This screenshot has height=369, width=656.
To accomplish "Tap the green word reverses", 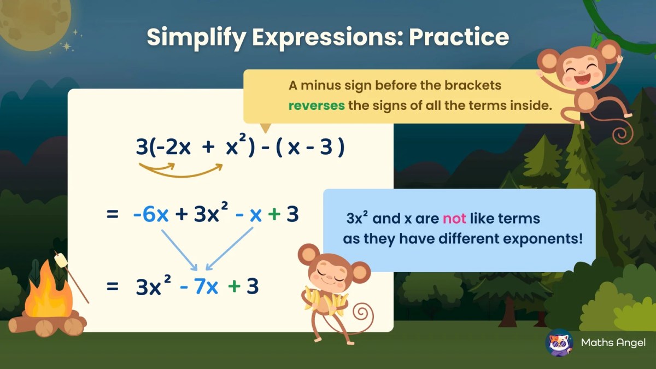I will click(x=316, y=105).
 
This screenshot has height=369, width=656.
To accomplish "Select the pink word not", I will click(x=454, y=219).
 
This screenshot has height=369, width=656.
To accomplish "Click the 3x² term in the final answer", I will click(x=154, y=286).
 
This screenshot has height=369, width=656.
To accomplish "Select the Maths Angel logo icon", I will click(x=559, y=343).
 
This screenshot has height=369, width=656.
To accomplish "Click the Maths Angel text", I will click(x=613, y=343).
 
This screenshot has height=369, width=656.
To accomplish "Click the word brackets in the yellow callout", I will click(x=473, y=86).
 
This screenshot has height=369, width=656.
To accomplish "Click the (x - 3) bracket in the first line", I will click(x=309, y=148).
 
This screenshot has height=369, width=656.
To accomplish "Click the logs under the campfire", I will click(x=47, y=325).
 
